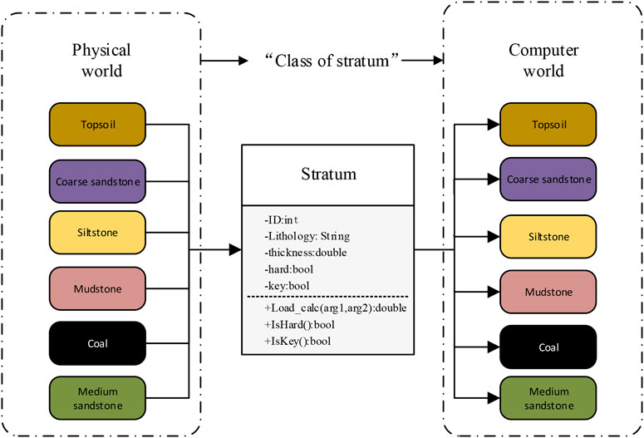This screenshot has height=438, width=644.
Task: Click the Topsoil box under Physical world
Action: (97, 124)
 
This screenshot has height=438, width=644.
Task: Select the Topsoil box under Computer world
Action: (548, 125)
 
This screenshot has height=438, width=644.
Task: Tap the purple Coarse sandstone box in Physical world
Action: (97, 180)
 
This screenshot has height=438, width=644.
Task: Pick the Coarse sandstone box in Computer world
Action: (548, 180)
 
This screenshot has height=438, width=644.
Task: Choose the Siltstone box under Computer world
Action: (548, 236)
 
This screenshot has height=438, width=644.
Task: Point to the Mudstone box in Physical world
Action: (97, 289)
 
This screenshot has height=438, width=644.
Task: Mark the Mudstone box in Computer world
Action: (548, 292)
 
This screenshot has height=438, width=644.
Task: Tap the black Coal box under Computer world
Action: (548, 347)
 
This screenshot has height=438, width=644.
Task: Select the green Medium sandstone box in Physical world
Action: (97, 399)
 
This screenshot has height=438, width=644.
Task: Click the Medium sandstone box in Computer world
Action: (548, 399)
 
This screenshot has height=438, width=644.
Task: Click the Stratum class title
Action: (329, 175)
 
